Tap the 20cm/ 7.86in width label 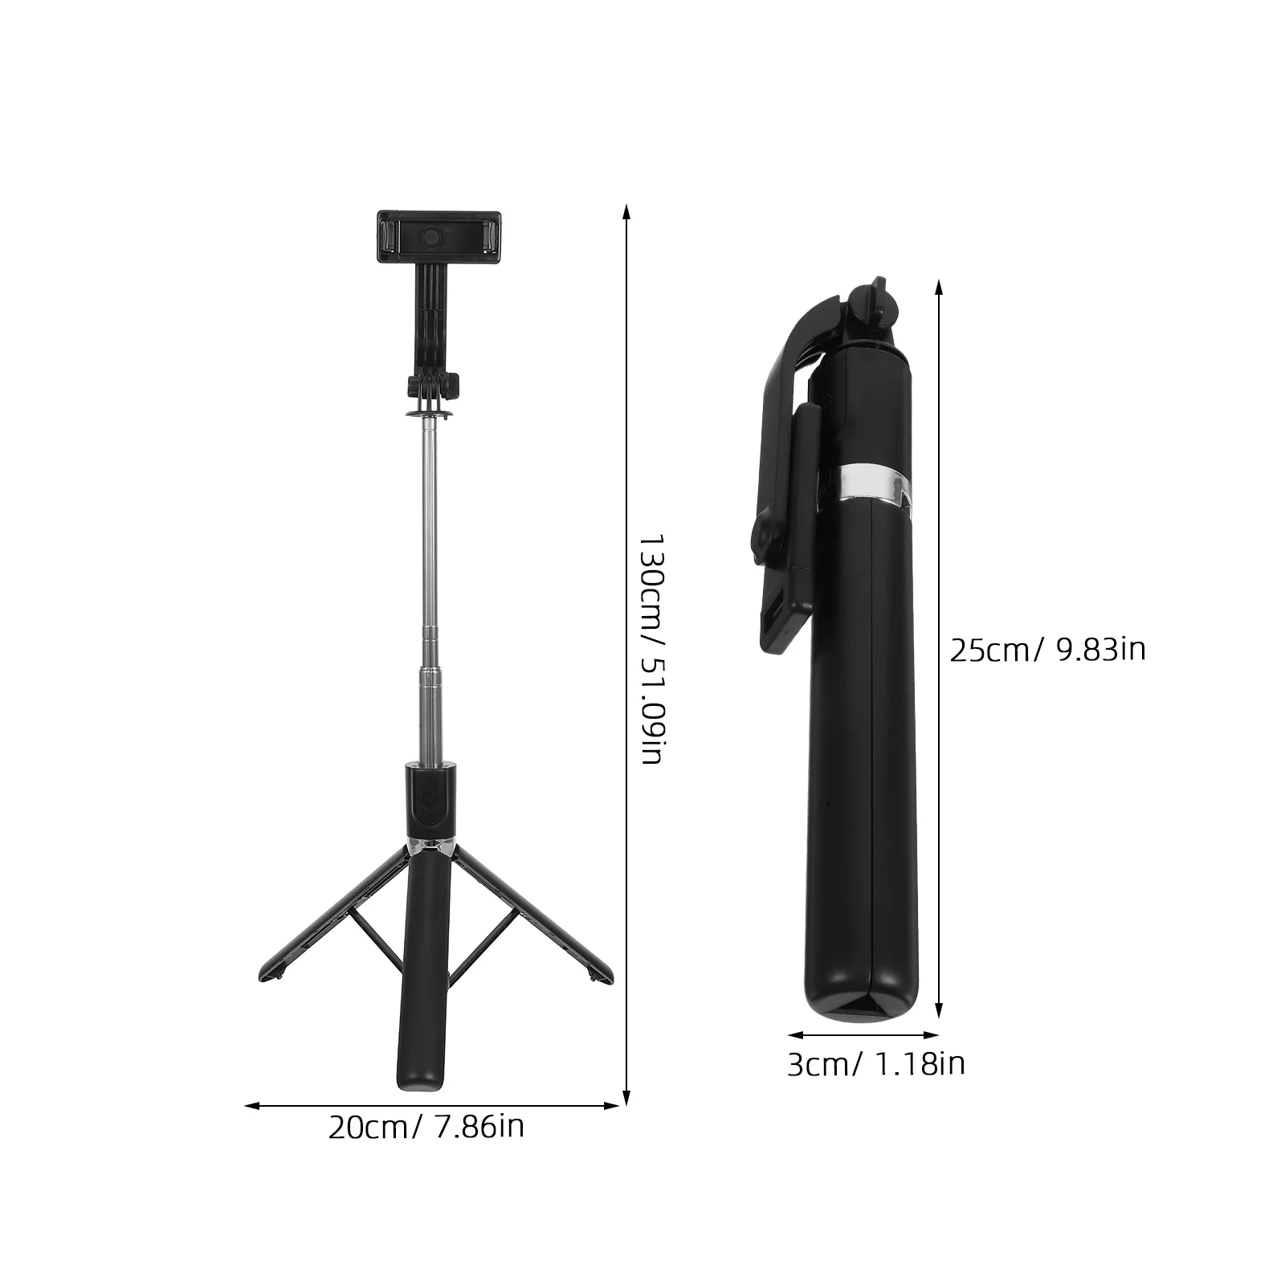[426, 1127]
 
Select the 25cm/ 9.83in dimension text [1047, 649]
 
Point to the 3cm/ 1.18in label [875, 1064]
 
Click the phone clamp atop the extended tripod [439, 237]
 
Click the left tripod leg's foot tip [267, 973]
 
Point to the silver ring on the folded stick [867, 486]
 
